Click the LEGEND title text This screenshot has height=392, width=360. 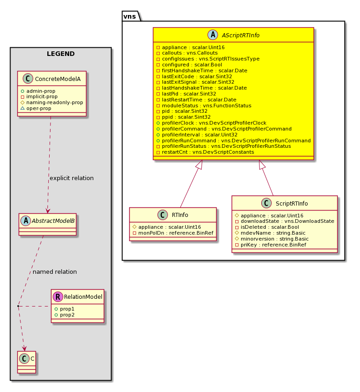pos(61,54)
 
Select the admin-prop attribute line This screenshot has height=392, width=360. pos(41,91)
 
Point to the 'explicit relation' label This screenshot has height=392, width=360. pos(71,178)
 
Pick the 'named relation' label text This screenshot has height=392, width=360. pos(55,271)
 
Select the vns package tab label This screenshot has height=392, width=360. pos(130,16)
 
